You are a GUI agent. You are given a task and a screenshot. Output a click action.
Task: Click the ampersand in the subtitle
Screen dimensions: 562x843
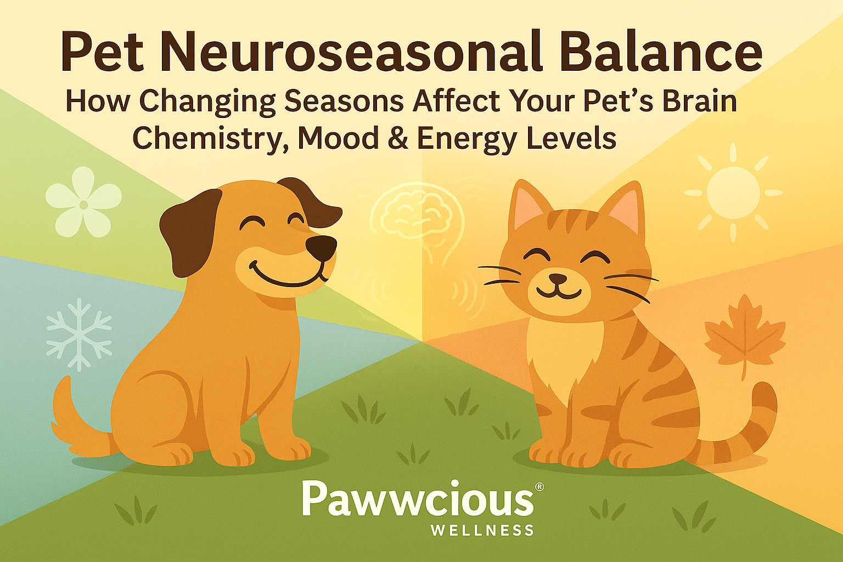point(397,138)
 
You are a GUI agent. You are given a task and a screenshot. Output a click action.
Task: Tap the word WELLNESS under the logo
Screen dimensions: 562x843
point(482,530)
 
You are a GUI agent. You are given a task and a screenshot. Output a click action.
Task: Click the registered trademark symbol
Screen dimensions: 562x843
point(539,487)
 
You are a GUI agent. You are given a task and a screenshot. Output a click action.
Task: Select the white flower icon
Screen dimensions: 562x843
point(83,202)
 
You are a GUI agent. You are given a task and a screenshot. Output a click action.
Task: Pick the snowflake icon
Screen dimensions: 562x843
point(79,334)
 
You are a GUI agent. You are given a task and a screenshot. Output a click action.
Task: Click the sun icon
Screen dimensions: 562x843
point(733,192)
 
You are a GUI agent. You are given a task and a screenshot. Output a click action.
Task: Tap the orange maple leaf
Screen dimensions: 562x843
point(744,335)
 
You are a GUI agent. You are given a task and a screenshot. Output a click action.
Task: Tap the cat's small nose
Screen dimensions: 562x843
point(558,278)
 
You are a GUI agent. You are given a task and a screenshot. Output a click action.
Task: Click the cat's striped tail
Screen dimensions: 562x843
point(752,428)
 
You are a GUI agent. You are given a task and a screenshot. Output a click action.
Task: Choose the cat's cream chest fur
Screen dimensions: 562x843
point(565,351)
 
